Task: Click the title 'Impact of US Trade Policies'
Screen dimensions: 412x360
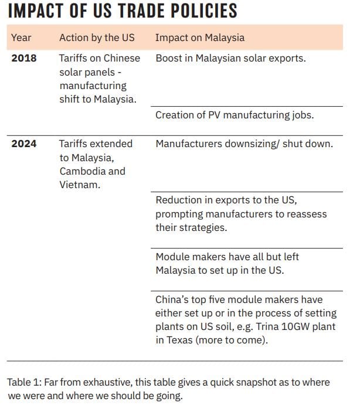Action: (122, 11)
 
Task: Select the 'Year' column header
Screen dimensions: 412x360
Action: (21, 38)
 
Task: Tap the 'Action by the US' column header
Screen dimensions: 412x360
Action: (97, 38)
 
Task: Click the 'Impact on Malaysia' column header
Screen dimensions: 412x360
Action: (199, 38)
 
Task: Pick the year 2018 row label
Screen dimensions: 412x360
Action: (23, 58)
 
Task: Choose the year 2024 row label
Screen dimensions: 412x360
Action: (23, 144)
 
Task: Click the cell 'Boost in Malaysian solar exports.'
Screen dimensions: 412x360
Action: (231, 58)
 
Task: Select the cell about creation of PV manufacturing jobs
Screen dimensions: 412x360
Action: (235, 115)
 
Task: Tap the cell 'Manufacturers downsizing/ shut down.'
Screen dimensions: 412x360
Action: (244, 144)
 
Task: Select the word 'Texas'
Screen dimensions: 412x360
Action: (179, 341)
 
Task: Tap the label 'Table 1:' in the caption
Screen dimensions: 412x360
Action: (24, 382)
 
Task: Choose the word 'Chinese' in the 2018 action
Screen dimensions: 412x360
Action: (121, 58)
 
